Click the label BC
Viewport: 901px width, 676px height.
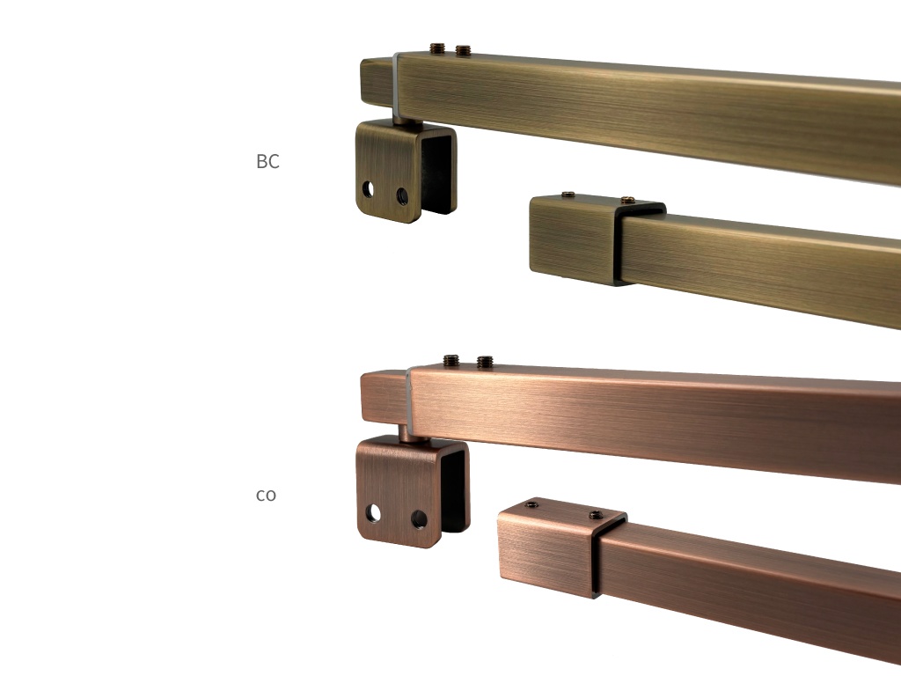coord(267,162)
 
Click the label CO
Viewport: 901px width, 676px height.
coord(266,495)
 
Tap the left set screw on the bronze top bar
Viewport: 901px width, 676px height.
coord(438,48)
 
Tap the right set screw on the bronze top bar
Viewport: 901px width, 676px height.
coord(463,50)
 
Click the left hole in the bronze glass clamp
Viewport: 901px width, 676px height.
coord(368,189)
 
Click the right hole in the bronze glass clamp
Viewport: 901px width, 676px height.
coord(402,196)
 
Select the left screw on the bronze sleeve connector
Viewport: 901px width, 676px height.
coord(568,195)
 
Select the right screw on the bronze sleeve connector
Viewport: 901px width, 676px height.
coord(628,200)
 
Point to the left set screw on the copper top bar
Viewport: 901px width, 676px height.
coord(451,360)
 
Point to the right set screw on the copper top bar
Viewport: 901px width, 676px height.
coord(485,362)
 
